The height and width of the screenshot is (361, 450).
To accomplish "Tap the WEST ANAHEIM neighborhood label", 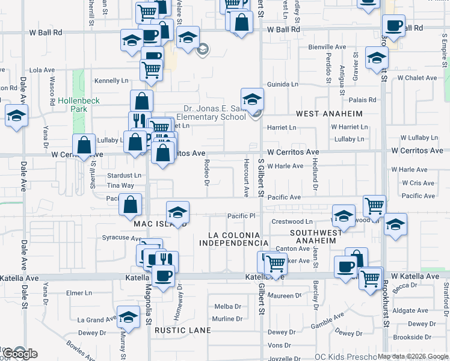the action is (330, 114).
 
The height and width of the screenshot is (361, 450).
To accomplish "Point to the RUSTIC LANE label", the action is (182, 330).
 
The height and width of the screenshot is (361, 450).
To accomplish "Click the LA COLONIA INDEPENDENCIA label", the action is (233, 239).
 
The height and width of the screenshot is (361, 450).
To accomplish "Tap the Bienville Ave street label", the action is (327, 46).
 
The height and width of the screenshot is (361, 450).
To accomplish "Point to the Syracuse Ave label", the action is (122, 238).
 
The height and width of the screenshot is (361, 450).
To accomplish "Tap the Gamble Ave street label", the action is (327, 319).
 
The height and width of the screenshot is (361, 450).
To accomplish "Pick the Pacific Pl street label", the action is (242, 215).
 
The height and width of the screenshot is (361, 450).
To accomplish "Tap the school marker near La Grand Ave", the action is (128, 316).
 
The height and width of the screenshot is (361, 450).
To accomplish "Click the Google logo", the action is (19, 354).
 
